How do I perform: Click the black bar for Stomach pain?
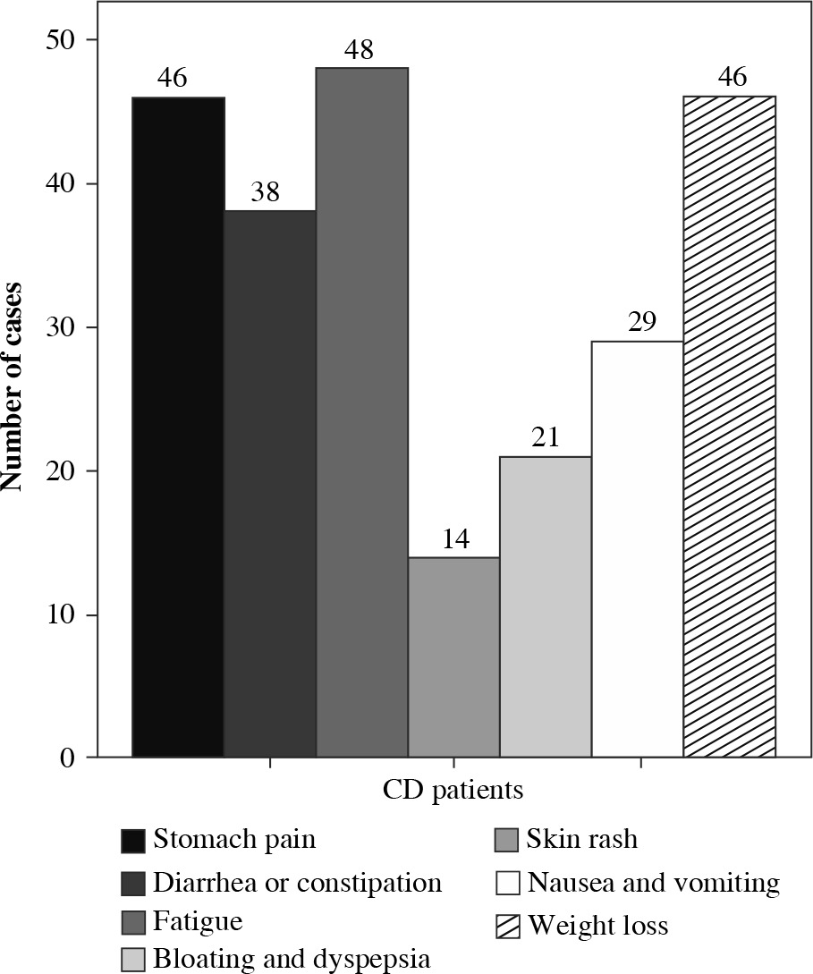point(178,427)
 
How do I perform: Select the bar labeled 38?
point(270,484)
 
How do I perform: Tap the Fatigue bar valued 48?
point(362,412)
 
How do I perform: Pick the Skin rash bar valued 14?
point(453,657)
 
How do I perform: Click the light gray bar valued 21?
point(546,607)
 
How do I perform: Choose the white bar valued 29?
point(637,549)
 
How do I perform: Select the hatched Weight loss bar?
point(729,427)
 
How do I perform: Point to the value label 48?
point(362,50)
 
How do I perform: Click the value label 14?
point(453,540)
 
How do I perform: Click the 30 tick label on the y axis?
point(57,328)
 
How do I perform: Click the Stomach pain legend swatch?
point(133,842)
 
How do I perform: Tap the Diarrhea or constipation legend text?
point(297,884)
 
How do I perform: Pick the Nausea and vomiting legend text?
point(653,884)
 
